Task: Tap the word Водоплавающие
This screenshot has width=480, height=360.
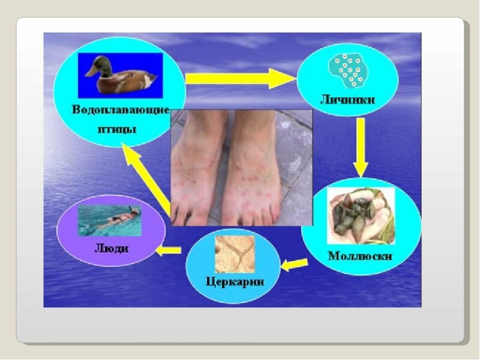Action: [x=121, y=110]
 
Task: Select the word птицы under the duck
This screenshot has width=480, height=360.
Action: [x=117, y=130]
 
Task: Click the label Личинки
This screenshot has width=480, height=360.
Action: [x=347, y=100]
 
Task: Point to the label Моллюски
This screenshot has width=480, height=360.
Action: [x=359, y=256]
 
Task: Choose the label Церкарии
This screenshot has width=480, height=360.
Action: [x=235, y=281]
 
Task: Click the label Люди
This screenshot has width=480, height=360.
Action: [x=112, y=248]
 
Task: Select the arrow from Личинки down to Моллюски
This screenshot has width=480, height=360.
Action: [x=361, y=148]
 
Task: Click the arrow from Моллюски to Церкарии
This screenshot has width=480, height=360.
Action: [x=294, y=265]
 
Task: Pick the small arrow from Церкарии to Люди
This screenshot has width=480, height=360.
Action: [x=168, y=250]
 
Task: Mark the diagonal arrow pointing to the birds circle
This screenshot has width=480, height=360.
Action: [x=147, y=179]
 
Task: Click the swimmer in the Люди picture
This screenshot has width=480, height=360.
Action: [x=118, y=218]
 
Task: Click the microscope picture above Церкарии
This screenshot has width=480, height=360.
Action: [x=235, y=254]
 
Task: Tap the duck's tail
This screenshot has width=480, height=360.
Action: [x=151, y=80]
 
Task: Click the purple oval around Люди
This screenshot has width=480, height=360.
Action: [x=57, y=230]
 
